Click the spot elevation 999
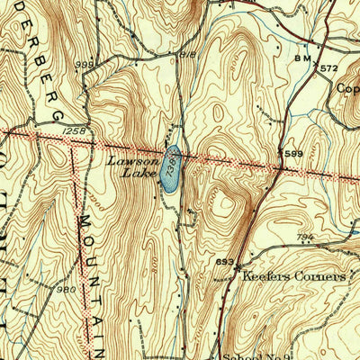coord(85,66)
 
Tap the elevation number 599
coord(293,155)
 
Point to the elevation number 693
coord(226,262)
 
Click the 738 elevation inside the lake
coord(170,160)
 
